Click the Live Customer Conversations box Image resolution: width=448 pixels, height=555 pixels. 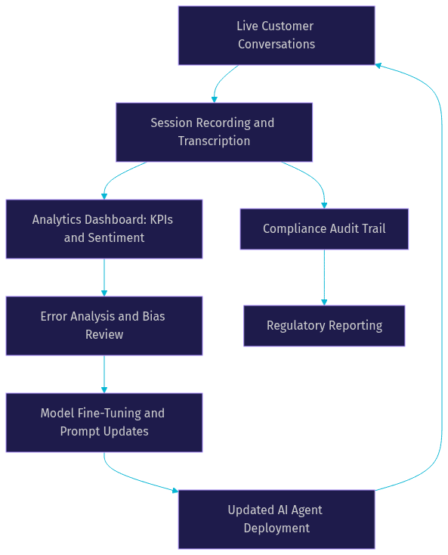[x=277, y=36]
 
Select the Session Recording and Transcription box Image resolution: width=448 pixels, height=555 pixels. [x=214, y=132]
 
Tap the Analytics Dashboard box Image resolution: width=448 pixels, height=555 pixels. [x=104, y=229]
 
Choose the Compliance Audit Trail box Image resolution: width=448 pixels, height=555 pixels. [x=324, y=229]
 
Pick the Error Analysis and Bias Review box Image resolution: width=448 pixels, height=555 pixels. [x=104, y=326]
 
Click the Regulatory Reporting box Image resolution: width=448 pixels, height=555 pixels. [x=324, y=326]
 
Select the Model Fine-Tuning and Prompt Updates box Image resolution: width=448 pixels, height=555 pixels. [x=104, y=422]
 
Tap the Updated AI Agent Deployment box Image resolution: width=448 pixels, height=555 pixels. [x=277, y=519]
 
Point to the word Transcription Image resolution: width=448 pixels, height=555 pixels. [x=214, y=141]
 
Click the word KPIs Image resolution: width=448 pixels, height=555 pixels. [x=162, y=219]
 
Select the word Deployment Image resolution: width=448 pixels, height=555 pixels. [x=277, y=528]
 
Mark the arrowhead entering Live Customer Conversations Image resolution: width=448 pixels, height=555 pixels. [x=378, y=66]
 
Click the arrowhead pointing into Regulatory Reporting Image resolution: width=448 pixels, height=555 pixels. [x=324, y=302]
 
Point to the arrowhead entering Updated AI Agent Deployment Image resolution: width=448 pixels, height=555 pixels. [x=175, y=491]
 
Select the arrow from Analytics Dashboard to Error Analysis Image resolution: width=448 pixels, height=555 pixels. [x=104, y=277]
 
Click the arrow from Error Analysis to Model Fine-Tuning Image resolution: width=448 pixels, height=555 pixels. [x=104, y=374]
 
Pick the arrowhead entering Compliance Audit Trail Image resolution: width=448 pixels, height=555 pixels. [x=324, y=206]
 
